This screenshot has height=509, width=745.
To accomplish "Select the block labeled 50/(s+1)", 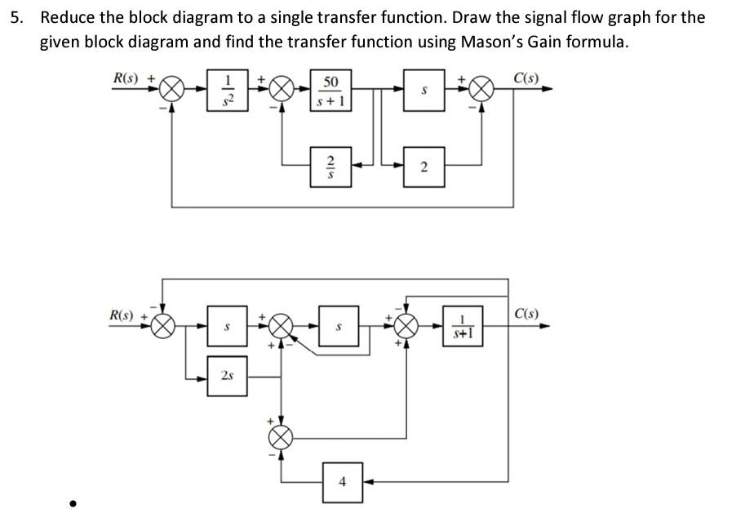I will point(330,91).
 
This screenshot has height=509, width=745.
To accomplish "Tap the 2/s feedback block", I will point(330,167).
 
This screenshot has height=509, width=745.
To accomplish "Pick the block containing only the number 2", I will point(424,167).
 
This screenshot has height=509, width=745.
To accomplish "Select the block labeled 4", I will point(343,481).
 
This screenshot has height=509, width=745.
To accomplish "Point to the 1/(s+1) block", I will point(462,327).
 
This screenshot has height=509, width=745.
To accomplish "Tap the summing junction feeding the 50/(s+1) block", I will point(282,89).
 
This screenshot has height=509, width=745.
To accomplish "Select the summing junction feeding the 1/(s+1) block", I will point(406,327).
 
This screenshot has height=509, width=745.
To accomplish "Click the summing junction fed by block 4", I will point(282,438).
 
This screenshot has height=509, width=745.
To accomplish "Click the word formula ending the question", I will point(599,42).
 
